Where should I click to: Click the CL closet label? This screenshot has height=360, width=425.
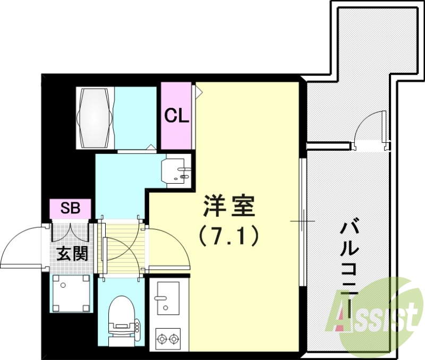pos(177,116)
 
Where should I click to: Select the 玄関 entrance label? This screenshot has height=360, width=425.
pos(72,254)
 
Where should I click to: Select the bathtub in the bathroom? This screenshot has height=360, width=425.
pos(96,117)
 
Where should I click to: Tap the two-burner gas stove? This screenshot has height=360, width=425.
pos(168,338)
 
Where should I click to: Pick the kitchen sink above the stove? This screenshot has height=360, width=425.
pos(168,298)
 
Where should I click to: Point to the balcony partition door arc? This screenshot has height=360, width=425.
pos(369,127)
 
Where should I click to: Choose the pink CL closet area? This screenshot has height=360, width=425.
pos(176,116)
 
